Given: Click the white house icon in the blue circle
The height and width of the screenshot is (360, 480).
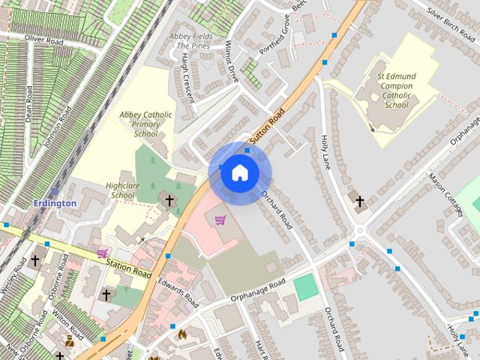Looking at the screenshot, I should pos(239,173).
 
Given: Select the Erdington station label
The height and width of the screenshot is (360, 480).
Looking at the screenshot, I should pos(55,203).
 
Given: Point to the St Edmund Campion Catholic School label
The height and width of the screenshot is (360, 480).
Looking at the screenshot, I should pos(396,90).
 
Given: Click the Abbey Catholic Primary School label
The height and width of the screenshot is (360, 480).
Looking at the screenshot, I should pos(145,124).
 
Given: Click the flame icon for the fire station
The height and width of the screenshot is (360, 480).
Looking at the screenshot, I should pos(181,334).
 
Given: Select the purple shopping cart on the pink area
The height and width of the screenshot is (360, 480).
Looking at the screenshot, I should pos(220,220).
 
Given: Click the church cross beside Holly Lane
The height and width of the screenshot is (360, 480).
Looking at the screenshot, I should pos(359,201).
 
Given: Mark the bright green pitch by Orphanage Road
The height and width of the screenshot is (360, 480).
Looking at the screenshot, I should pos(304,287).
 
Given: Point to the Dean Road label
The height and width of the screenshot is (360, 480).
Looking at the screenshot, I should pos(28,101).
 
